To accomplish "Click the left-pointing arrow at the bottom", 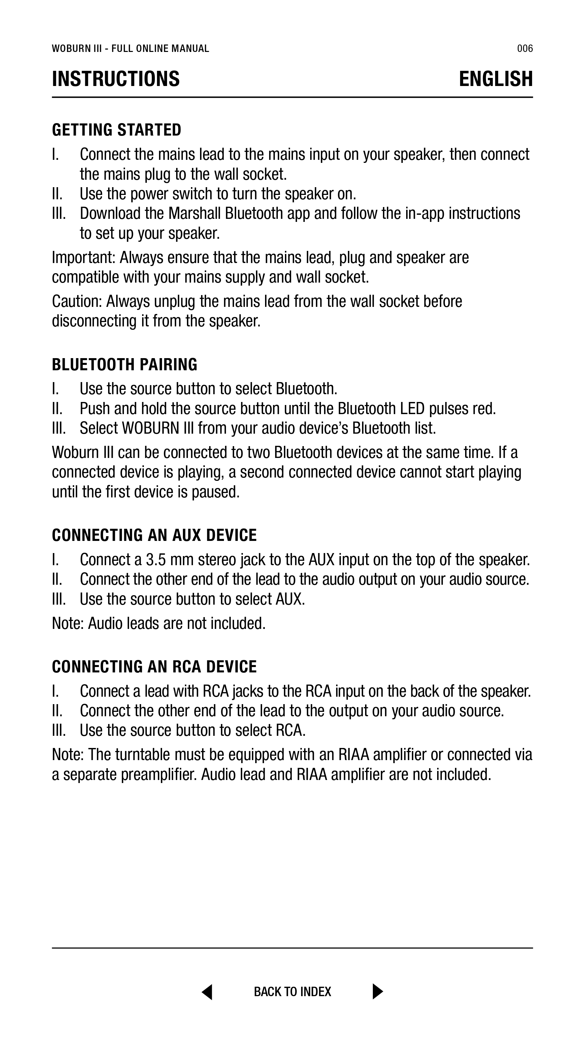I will pyautogui.click(x=207, y=992).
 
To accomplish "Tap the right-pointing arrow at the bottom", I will pyautogui.click(x=378, y=992).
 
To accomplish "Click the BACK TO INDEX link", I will pyautogui.click(x=292, y=992).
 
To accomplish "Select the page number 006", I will pyautogui.click(x=525, y=49).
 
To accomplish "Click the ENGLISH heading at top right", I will pyautogui.click(x=496, y=79).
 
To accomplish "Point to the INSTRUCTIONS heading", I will pyautogui.click(x=116, y=79).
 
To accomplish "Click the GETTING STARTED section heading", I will pyautogui.click(x=117, y=130).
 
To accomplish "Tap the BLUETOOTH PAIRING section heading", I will pyautogui.click(x=125, y=365).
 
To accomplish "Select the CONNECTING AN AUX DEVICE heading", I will pyautogui.click(x=154, y=535).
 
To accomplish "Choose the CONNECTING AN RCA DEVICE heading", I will pyautogui.click(x=154, y=666).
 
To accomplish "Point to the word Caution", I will pyautogui.click(x=77, y=301).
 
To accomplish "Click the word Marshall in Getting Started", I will pyautogui.click(x=195, y=213).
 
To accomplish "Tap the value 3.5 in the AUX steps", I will pyautogui.click(x=156, y=560).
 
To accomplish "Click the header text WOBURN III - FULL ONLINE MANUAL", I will pyautogui.click(x=130, y=49).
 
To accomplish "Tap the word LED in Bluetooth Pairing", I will pyautogui.click(x=412, y=409).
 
